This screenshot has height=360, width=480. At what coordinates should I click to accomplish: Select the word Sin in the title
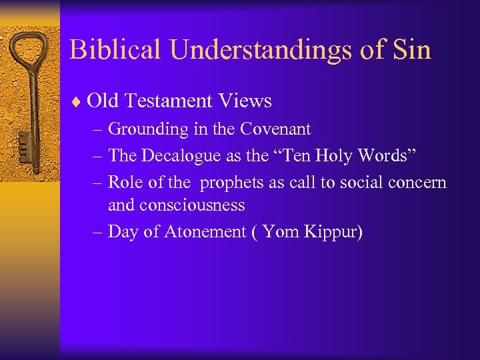411,50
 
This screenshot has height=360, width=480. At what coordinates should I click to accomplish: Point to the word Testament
167,101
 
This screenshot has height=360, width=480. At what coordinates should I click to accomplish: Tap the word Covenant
277,128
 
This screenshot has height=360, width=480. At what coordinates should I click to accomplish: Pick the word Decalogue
175,155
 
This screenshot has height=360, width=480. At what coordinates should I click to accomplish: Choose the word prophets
232,182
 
